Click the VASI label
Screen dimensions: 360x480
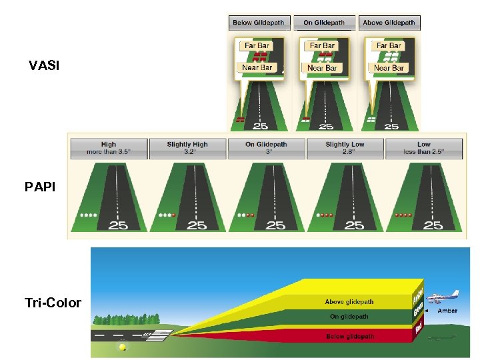click(x=44, y=66)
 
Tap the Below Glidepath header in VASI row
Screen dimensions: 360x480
click(x=258, y=23)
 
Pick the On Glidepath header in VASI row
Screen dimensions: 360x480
click(x=324, y=23)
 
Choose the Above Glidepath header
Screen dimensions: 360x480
click(x=389, y=23)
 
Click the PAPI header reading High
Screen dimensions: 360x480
click(x=108, y=148)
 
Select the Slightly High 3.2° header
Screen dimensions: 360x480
click(x=187, y=148)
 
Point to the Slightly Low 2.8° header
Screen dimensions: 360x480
click(x=345, y=148)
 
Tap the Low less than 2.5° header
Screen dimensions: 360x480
click(x=423, y=148)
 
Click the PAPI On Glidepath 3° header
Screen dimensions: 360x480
click(x=266, y=148)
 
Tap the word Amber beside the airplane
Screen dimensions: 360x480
click(x=447, y=311)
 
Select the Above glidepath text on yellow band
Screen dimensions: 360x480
click(x=349, y=303)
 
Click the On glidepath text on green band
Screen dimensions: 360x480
click(x=349, y=317)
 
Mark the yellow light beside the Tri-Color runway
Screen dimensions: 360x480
click(x=122, y=347)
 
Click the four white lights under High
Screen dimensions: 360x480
click(x=87, y=215)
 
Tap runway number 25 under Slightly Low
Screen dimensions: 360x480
click(x=354, y=225)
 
